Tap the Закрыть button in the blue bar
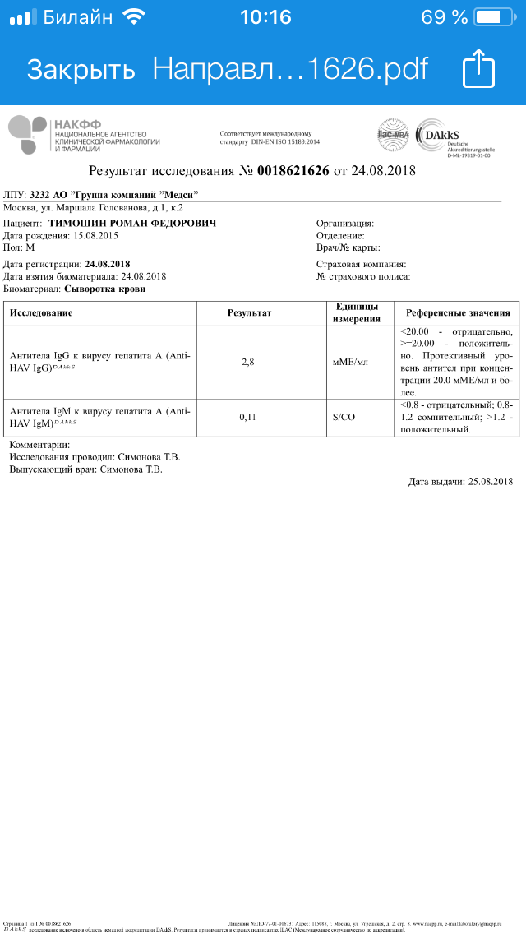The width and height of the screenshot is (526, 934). point(81,69)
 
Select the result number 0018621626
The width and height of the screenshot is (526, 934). point(293,172)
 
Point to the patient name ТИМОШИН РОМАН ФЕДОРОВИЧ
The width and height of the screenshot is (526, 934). point(132,223)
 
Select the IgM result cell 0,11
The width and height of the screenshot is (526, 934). point(248,418)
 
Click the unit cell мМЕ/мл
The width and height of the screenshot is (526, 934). point(356,362)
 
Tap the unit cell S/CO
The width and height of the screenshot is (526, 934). point(344,418)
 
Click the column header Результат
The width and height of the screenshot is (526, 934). point(249,313)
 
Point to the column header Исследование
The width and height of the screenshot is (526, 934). point(41,313)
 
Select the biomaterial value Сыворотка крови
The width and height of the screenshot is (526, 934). point(105,289)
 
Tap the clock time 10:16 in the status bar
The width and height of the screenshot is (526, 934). point(265,16)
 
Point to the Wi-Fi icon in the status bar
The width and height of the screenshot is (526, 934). point(131,16)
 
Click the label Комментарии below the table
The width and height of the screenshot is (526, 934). point(45,445)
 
